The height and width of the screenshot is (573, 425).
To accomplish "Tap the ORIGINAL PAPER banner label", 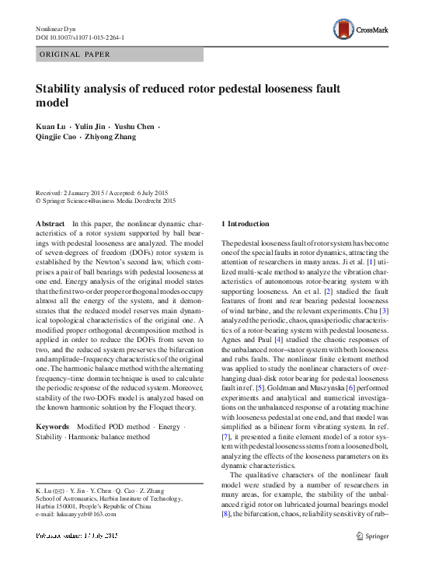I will pyautogui.click(x=75, y=54).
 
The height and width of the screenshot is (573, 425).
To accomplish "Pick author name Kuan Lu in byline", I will pyautogui.click(x=51, y=125).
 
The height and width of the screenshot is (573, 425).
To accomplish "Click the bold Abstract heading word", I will pyautogui.click(x=50, y=224).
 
